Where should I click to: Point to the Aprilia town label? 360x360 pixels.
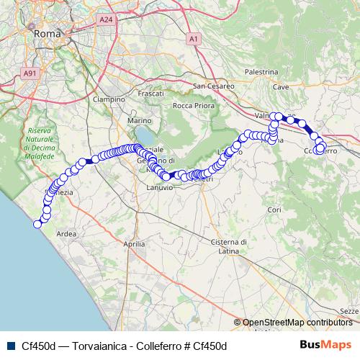coord(135,245)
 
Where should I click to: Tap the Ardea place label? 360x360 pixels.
coord(66,233)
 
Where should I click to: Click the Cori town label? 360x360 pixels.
coord(273,210)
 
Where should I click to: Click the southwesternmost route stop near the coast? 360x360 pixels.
coord(37,224)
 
